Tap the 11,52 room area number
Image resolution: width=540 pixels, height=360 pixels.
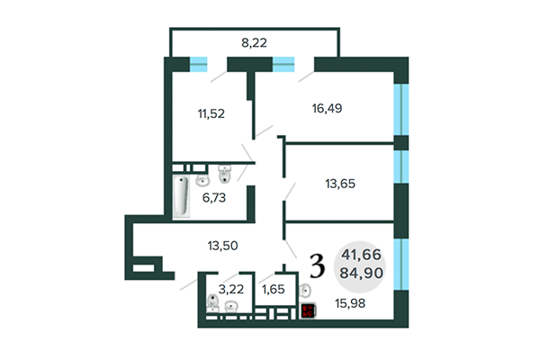point(210,113)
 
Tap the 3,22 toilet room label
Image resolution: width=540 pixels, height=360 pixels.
point(232,289)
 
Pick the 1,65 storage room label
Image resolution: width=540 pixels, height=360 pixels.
point(274,289)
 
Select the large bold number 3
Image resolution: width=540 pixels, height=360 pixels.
point(317,265)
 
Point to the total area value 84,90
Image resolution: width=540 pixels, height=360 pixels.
point(368,274)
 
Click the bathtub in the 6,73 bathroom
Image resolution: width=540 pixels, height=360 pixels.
point(183,195)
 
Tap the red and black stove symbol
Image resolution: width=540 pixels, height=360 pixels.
point(308,311)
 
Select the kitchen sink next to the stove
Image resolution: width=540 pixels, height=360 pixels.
point(307,290)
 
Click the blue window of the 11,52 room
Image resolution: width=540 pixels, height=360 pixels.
point(199,62)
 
